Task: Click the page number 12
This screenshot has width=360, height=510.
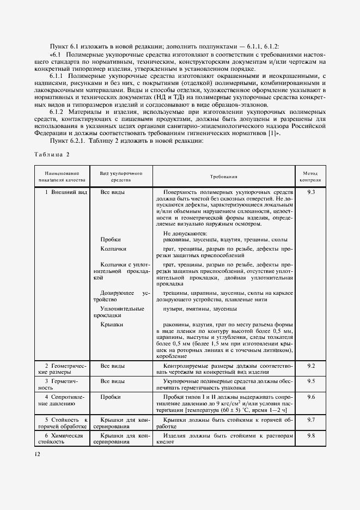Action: tap(36, 454)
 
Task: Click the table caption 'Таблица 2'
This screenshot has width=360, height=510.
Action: tap(52, 154)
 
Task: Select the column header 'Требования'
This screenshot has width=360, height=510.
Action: tap(224, 176)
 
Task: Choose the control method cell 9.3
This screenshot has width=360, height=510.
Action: tap(311, 193)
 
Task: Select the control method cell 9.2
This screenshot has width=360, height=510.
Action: tap(311, 365)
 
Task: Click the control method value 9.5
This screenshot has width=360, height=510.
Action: tap(311, 381)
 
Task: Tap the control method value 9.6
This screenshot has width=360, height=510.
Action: tap(311, 397)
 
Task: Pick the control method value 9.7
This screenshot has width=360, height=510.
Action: tap(311, 420)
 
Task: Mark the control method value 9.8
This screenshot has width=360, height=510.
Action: tap(311, 436)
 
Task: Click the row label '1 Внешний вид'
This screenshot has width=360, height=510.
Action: tap(66, 193)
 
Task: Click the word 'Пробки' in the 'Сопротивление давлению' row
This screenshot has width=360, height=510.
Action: tap(111, 397)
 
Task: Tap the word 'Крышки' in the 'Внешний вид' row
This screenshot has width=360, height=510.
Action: tap(112, 325)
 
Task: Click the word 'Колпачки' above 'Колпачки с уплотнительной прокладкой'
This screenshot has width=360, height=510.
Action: tap(113, 248)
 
